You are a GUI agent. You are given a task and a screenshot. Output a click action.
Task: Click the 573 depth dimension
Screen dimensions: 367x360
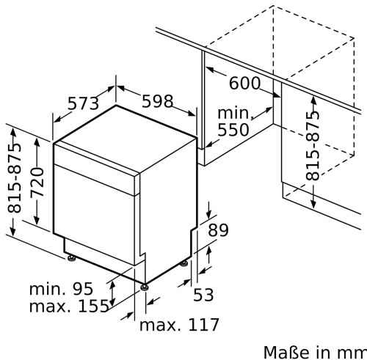coord(83,103)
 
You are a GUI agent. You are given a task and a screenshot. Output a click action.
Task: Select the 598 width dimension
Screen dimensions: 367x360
coord(158,101)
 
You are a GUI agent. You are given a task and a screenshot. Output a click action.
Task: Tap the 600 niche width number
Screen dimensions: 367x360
coord(244,83)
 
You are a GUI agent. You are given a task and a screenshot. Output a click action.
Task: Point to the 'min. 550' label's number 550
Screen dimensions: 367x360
coord(233,130)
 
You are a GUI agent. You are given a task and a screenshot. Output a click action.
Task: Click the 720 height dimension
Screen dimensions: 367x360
coord(37,182)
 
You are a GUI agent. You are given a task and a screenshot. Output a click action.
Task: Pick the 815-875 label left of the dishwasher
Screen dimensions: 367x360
coord(14,179)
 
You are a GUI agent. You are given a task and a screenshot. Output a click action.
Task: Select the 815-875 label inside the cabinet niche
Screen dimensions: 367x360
coord(313,146)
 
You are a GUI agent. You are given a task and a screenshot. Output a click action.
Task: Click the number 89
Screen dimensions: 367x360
coord(218,229)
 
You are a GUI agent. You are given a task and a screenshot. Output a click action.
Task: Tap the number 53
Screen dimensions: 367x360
coord(203,295)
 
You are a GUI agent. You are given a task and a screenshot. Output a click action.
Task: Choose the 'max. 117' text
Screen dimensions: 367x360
coord(179,325)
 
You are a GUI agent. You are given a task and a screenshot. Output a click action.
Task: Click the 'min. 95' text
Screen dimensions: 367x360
coord(61,289)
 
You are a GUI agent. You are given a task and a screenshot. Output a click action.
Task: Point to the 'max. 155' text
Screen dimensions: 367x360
coord(69,306)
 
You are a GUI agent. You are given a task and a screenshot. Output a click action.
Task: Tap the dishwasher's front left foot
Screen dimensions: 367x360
coord(71,258)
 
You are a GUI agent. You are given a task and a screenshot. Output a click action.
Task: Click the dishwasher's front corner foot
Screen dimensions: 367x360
coord(144,287)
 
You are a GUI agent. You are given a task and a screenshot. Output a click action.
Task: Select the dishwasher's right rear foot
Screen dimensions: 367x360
coord(183,263)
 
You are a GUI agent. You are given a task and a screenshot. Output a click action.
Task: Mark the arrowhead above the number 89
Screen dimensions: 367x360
coord(208,215)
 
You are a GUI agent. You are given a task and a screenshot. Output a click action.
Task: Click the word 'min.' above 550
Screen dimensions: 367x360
coord(234,113)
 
